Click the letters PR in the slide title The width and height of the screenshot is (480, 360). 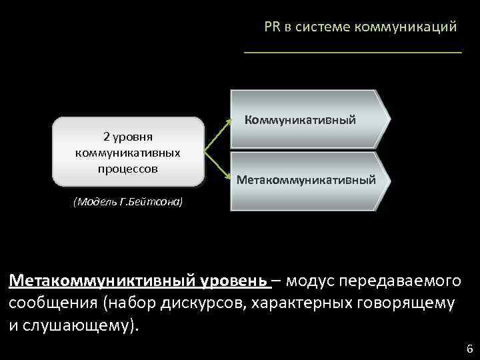tap(271, 27)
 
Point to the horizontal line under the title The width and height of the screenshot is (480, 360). tap(353, 51)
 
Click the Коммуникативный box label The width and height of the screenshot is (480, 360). tap(300, 120)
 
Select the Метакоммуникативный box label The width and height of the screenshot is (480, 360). tap(306, 180)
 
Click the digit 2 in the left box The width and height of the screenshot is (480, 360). tap(107, 137)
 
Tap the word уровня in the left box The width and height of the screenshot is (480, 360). tap(135, 137)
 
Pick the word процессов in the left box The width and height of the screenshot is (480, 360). tap(129, 168)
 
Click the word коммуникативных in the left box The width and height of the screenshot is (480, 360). tap(129, 153)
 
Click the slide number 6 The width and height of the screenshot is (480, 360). tap(469, 349)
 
